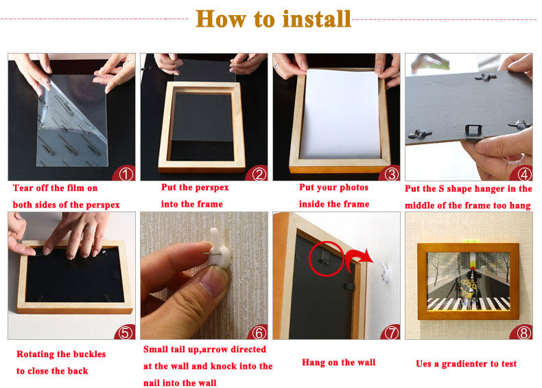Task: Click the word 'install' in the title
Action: pos(317,19)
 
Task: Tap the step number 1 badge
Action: pos(126,174)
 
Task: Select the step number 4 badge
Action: pos(523,174)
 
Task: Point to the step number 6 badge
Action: pos(259,332)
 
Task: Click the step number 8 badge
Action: pos(523,332)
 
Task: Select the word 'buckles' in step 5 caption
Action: pos(89,354)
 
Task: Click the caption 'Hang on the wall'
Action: pos(338,363)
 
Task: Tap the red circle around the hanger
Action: pos(326,258)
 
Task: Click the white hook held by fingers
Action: pos(220,248)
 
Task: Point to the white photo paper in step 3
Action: pos(340,113)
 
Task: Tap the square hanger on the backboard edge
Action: pos(473,133)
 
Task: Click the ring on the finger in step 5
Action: pos(90,228)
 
